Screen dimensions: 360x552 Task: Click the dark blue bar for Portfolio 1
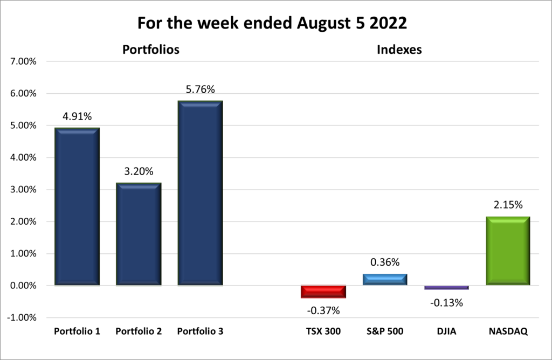pyautogui.click(x=77, y=206)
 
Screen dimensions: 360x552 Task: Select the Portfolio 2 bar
pyautogui.click(x=139, y=234)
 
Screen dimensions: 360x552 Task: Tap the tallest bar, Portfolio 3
pyautogui.click(x=200, y=193)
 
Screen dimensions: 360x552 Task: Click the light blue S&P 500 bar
pyautogui.click(x=385, y=279)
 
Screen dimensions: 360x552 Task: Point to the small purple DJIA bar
pyautogui.click(x=446, y=287)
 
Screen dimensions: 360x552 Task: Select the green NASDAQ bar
pyautogui.click(x=508, y=251)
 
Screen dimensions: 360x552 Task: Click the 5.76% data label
pyautogui.click(x=200, y=90)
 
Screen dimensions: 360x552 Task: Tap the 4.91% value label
pyautogui.click(x=77, y=117)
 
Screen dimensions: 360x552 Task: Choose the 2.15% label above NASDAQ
pyautogui.click(x=508, y=205)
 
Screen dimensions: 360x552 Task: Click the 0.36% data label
pyautogui.click(x=385, y=262)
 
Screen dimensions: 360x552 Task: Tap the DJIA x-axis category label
pyautogui.click(x=446, y=331)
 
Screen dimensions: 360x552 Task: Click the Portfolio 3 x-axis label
pyautogui.click(x=200, y=331)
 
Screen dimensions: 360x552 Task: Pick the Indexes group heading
pyautogui.click(x=399, y=50)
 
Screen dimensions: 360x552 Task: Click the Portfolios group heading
pyautogui.click(x=151, y=50)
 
